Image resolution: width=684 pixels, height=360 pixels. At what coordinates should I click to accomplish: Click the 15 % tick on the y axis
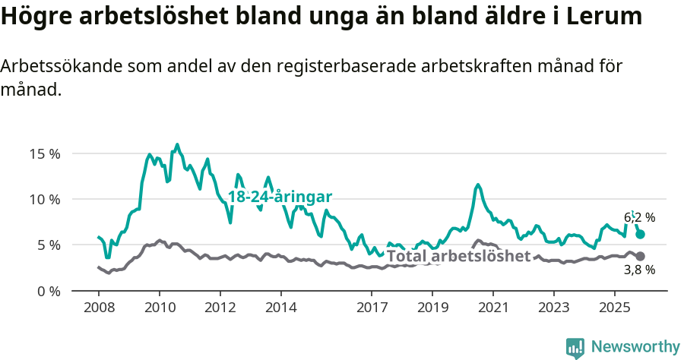[x=45, y=153]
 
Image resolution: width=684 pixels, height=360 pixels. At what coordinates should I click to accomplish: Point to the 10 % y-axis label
[x=45, y=199]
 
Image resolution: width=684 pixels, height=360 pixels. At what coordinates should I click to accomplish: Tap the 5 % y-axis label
[x=48, y=245]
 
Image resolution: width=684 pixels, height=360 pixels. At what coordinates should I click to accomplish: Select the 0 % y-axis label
[x=48, y=291]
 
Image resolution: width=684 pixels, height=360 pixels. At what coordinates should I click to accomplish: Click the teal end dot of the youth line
[x=640, y=235]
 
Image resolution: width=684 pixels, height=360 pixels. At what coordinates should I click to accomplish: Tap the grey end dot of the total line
[x=640, y=257]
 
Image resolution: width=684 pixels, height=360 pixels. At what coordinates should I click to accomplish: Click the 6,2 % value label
[x=639, y=217]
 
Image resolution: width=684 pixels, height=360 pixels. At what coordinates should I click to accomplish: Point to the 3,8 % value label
[x=639, y=270]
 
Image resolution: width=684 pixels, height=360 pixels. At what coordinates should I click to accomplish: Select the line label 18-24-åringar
[x=280, y=197]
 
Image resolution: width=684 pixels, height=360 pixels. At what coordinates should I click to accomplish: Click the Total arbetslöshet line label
[x=458, y=256]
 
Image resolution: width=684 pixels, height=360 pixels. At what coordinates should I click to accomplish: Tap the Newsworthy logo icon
[x=575, y=347]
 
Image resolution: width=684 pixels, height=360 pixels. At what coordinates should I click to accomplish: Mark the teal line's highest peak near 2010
[x=177, y=144]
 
